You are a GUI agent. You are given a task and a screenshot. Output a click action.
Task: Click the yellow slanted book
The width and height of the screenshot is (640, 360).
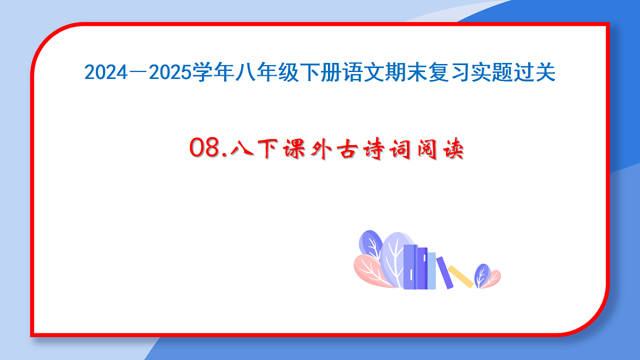point(460,276)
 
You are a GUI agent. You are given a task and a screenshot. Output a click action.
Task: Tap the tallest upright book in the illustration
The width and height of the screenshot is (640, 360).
point(410,267)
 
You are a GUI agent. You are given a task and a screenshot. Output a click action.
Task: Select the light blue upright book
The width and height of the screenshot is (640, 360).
point(431,270)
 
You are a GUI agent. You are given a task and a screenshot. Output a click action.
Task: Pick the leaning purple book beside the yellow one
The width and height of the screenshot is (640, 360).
point(444,273)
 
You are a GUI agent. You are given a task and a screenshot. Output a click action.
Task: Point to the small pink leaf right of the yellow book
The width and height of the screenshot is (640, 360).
point(494,277)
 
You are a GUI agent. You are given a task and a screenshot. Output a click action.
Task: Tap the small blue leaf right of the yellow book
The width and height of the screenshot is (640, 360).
point(482,275)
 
